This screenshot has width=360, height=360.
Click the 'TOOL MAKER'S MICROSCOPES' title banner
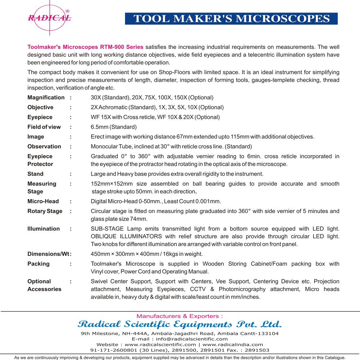[231, 18]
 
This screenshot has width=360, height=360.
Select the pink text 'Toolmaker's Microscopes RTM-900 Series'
[85, 47]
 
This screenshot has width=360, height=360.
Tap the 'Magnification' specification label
[46, 98]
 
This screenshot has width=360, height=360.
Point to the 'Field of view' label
[44, 127]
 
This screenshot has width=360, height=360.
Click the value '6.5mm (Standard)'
[114, 127]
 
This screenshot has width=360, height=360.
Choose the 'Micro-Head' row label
[43, 201]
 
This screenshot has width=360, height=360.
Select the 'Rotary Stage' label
[45, 211]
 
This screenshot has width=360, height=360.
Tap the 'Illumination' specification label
[44, 229]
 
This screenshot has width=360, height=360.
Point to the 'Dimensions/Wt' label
[48, 254]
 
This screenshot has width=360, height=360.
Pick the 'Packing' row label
[39, 264]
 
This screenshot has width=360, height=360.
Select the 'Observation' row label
[44, 147]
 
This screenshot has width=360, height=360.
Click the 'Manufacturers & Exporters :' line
[179, 316]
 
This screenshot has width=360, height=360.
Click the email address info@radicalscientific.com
[190, 339]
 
